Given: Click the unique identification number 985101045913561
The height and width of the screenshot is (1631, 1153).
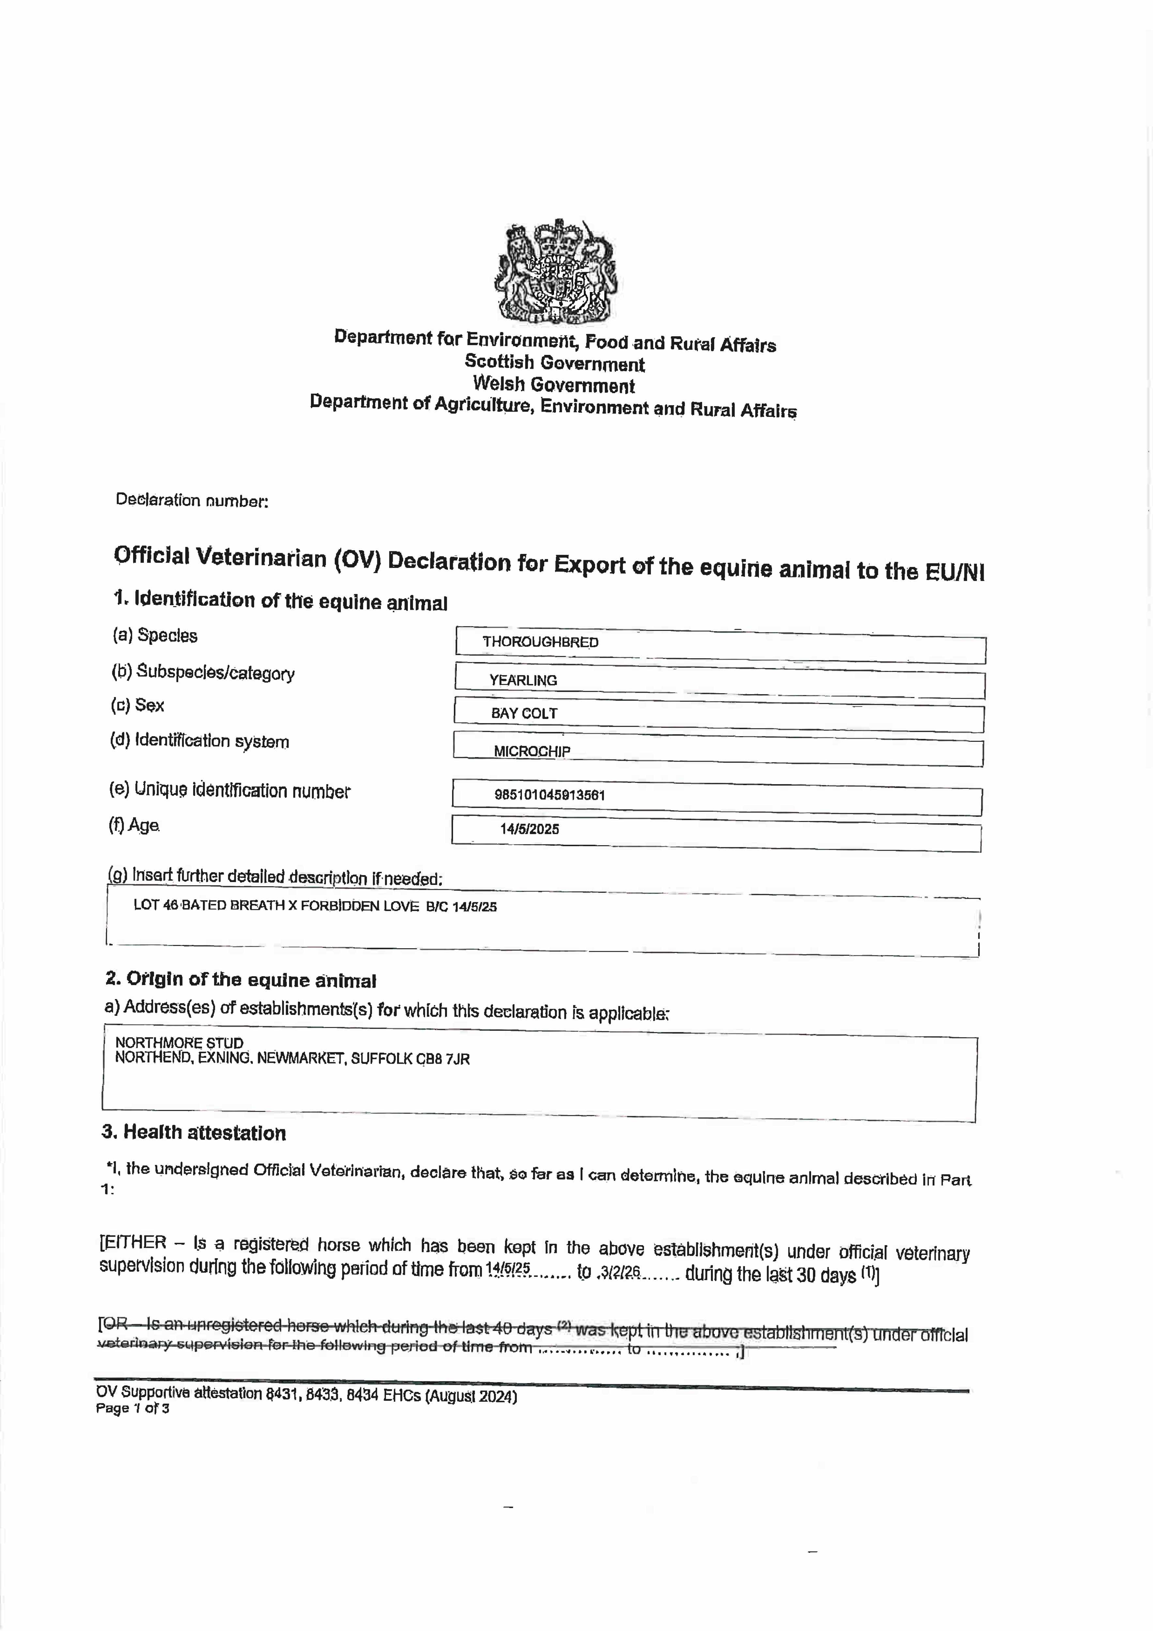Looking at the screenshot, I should pyautogui.click(x=550, y=795).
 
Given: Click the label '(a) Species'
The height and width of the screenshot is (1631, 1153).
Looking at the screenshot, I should pyautogui.click(x=155, y=635).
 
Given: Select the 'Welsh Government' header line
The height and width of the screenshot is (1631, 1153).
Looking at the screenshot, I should pyautogui.click(x=554, y=385).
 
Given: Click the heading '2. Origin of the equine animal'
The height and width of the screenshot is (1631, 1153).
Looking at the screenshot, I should pyautogui.click(x=241, y=980).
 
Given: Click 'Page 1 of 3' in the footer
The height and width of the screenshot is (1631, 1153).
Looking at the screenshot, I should pyautogui.click(x=133, y=1409).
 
